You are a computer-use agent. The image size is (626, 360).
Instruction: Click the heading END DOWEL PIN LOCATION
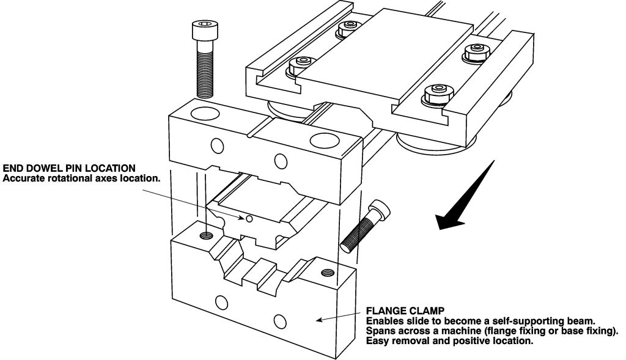pyautogui.click(x=69, y=168)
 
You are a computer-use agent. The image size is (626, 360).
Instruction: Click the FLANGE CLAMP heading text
pyautogui.click(x=405, y=310)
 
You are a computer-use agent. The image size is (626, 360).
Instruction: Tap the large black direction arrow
pyautogui.click(x=465, y=196)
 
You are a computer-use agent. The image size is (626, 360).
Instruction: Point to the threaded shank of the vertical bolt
pyautogui.click(x=205, y=69)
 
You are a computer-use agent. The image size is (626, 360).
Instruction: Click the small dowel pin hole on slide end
pyautogui.click(x=249, y=218)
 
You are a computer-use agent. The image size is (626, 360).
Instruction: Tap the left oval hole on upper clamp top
pyautogui.click(x=205, y=113)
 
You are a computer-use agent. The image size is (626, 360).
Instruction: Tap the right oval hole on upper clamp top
pyautogui.click(x=325, y=140)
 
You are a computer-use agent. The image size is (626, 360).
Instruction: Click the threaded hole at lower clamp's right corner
pyautogui.click(x=328, y=273)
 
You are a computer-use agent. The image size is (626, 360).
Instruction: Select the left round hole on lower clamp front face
pyautogui.click(x=220, y=302)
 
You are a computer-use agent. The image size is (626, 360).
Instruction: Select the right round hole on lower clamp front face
pyautogui.click(x=280, y=320)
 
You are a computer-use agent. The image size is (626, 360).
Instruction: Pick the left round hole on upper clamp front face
pyautogui.click(x=218, y=145)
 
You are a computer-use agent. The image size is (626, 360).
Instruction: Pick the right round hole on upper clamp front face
pyautogui.click(x=281, y=161)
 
